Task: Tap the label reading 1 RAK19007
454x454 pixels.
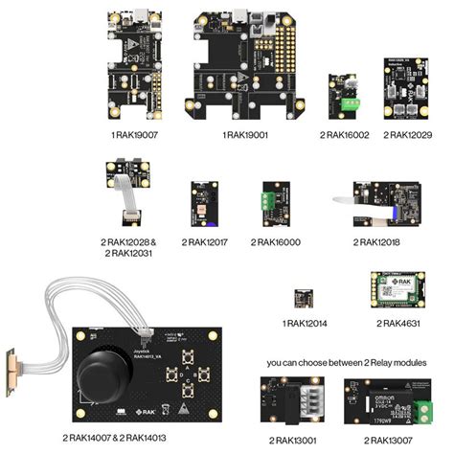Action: click(133, 135)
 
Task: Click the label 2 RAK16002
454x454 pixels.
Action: click(342, 135)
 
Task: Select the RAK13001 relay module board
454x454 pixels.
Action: click(293, 402)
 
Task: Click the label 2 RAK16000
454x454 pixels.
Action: click(275, 242)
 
